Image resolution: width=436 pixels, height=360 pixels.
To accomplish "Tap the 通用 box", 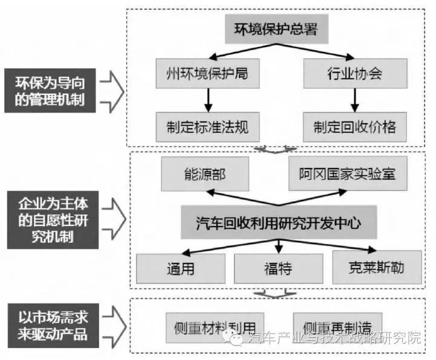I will (180, 268).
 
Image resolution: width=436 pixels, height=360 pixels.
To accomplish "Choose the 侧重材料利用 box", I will (215, 323).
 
